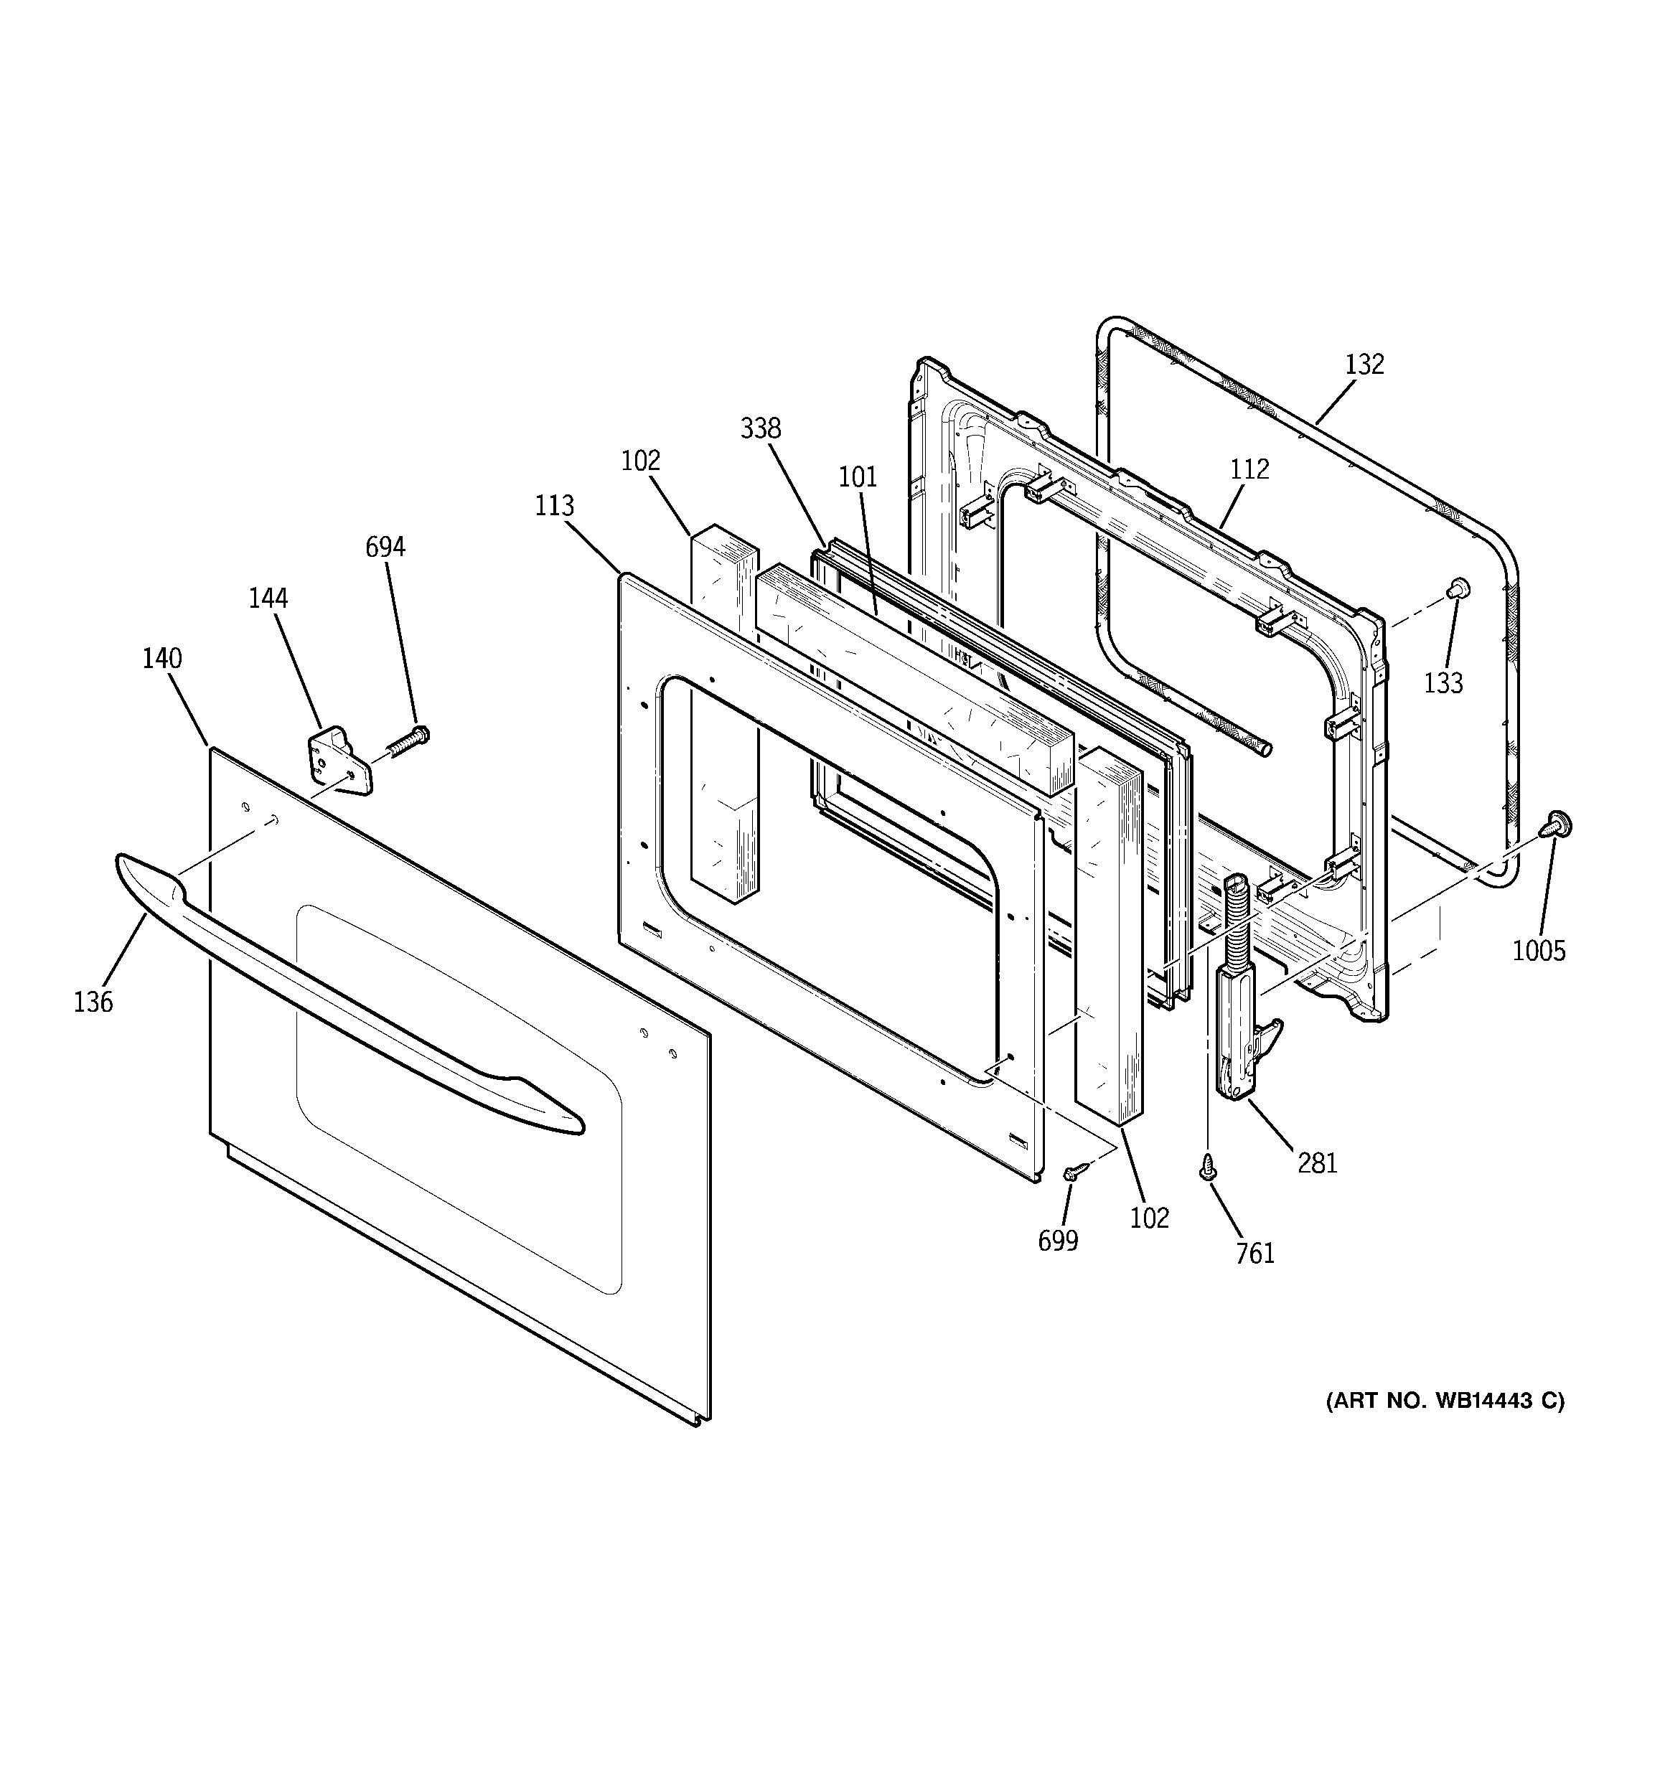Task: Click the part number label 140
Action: tap(161, 659)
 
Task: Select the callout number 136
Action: tap(93, 1002)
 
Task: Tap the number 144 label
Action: tap(268, 598)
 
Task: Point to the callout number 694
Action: tap(385, 547)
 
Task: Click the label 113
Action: tap(554, 507)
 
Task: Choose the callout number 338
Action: tap(761, 429)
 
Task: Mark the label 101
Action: tap(857, 477)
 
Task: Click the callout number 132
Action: tap(1364, 365)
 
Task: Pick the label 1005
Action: tap(1539, 952)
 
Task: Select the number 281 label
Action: tap(1318, 1162)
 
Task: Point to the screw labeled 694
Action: tap(408, 741)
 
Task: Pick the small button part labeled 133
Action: tap(1458, 587)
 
